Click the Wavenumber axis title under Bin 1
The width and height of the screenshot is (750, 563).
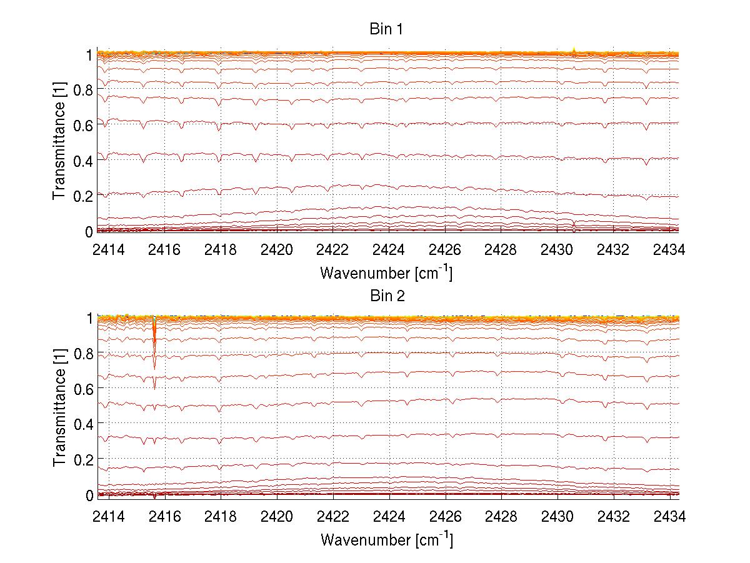(x=386, y=272)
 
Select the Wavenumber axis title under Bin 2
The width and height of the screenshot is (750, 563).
(x=386, y=538)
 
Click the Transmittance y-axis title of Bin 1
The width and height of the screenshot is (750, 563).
(x=59, y=142)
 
